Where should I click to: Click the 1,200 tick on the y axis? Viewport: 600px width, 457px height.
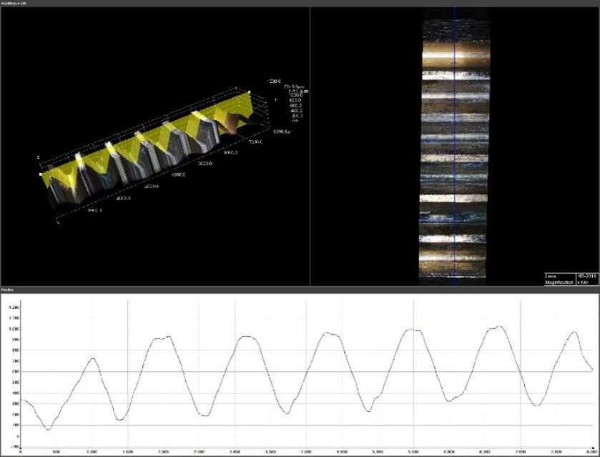click(14, 307)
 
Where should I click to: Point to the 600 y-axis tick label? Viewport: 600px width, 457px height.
click(14, 371)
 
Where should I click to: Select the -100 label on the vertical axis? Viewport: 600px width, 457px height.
click(14, 446)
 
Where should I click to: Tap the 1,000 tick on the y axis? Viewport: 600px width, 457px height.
click(14, 328)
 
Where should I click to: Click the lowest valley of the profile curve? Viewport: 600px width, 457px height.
click(48, 430)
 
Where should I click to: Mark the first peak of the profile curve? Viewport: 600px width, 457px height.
click(92, 358)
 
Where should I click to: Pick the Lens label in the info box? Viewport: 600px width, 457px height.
click(550, 276)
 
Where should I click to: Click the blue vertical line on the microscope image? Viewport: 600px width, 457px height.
click(455, 143)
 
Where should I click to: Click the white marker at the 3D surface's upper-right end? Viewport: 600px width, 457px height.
click(248, 92)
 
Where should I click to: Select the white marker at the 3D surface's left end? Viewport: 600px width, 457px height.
click(41, 174)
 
